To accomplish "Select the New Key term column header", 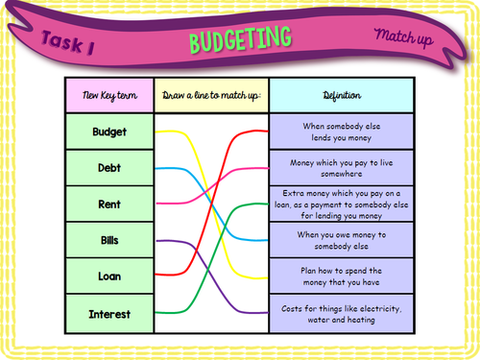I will pyautogui.click(x=109, y=96).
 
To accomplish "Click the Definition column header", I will pyautogui.click(x=341, y=96).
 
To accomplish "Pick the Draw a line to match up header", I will pyautogui.click(x=211, y=96).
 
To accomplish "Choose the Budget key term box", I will pyautogui.click(x=109, y=132).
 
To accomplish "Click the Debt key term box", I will pyautogui.click(x=109, y=168).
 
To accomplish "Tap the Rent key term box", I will pyautogui.click(x=109, y=204).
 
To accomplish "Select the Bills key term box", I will pyautogui.click(x=109, y=240).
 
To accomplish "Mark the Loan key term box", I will pyautogui.click(x=109, y=276).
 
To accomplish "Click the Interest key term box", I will pyautogui.click(x=109, y=313).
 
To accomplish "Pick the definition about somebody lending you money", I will pyautogui.click(x=341, y=132).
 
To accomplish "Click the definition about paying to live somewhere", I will pyautogui.click(x=341, y=168).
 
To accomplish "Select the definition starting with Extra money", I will pyautogui.click(x=341, y=204).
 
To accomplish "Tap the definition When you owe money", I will pyautogui.click(x=341, y=240).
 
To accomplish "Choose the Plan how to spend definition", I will pyautogui.click(x=341, y=276).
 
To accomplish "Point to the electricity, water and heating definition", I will pyautogui.click(x=341, y=313).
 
